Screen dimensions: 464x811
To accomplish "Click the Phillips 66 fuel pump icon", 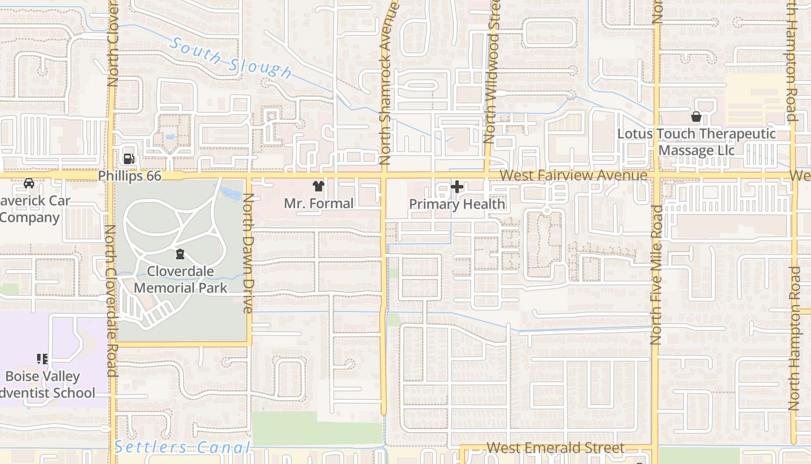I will tap(129, 158).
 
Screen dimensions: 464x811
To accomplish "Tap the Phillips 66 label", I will tap(129, 176).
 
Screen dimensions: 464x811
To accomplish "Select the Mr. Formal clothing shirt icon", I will tap(318, 186).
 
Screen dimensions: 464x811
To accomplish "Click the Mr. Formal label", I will tap(318, 204).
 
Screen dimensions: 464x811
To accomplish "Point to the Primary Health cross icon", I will tap(457, 187).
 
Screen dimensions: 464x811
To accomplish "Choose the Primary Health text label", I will tap(457, 204).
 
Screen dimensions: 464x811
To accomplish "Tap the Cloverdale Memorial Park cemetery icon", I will tap(180, 254).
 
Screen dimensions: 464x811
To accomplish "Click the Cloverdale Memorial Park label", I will tap(180, 280).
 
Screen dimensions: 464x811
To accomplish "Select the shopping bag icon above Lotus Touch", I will tap(696, 117).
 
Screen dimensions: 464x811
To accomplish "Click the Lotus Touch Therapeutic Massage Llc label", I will tap(696, 142).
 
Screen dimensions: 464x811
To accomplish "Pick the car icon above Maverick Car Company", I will tap(28, 183).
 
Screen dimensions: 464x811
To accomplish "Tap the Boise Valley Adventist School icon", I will tap(42, 359).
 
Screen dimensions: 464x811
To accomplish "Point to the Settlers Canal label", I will tap(182, 447).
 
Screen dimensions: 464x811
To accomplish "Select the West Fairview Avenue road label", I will tap(573, 175).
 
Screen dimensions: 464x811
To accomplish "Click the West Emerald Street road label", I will tap(555, 448).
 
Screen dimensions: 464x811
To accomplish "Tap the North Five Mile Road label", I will tap(656, 274).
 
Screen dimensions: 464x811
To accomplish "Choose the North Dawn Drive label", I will tap(248, 253).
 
